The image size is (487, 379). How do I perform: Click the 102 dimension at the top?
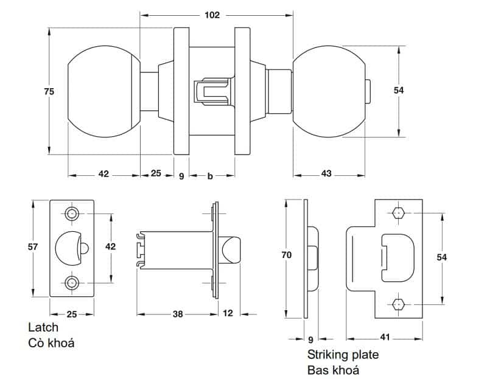click(x=212, y=15)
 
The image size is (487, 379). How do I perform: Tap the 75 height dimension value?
click(x=49, y=91)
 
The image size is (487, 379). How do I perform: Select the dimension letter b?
click(x=210, y=176)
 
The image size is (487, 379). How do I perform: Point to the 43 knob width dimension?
click(x=326, y=175)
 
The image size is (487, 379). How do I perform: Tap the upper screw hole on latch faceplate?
click(x=72, y=214)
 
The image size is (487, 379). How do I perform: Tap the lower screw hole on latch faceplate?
click(x=72, y=282)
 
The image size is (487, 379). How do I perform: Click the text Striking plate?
click(x=343, y=355)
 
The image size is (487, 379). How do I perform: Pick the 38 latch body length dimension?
click(x=177, y=314)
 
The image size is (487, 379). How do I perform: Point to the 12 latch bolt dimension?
click(x=228, y=314)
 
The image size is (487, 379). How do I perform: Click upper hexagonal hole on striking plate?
click(x=399, y=214)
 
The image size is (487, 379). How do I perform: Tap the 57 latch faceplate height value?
click(x=33, y=247)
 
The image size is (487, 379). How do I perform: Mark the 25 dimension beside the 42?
click(x=155, y=174)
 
